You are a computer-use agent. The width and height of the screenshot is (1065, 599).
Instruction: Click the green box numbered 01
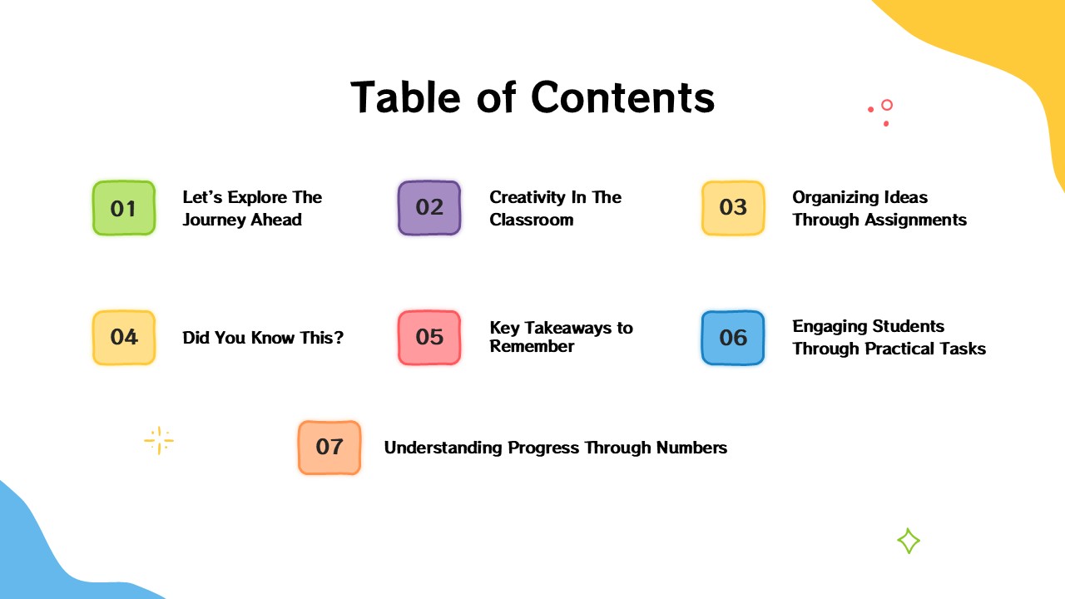coord(123,208)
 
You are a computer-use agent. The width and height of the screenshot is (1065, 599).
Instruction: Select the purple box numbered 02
coord(429,208)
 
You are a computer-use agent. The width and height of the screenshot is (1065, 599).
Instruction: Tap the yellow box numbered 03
coord(733,208)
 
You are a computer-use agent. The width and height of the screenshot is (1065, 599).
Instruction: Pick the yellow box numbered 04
coord(123,337)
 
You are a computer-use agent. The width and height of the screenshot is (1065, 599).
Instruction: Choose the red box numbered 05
coord(429,337)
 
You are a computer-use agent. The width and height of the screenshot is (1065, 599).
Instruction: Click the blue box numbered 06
coord(733,337)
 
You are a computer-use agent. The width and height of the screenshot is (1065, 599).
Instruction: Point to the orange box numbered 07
coord(329,448)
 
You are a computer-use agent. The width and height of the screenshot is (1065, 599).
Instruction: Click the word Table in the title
coord(405,97)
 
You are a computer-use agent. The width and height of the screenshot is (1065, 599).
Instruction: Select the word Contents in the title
coord(623,97)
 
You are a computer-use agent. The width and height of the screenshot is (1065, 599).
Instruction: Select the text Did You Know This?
coord(263,338)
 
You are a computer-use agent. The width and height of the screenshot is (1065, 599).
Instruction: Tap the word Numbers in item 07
coord(691,448)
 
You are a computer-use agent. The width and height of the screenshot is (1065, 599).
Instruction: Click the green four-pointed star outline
coord(909,542)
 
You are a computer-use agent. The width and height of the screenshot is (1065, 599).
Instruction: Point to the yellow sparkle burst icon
coord(158,441)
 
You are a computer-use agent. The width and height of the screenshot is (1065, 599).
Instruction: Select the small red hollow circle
coord(887,105)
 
